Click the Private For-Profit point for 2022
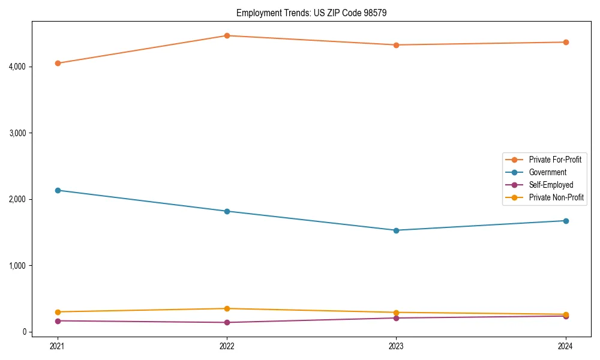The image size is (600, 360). [227, 35]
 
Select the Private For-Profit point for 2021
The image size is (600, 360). [58, 63]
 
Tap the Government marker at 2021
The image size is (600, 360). [58, 190]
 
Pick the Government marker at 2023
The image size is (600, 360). [396, 230]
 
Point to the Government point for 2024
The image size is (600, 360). [566, 221]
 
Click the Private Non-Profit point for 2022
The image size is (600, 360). [227, 308]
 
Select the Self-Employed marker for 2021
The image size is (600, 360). [58, 321]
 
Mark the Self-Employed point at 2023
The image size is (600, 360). [396, 318]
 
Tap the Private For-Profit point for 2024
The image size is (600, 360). [566, 42]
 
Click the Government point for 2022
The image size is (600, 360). [227, 211]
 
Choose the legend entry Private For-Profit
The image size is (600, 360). [554, 160]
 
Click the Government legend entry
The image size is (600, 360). [547, 172]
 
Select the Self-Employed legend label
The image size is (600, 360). [551, 185]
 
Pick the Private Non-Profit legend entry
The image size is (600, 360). [556, 197]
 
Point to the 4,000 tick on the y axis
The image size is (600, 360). [17, 67]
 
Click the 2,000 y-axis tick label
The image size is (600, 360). [17, 199]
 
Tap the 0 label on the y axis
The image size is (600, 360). [24, 332]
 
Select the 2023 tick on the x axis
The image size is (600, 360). [396, 346]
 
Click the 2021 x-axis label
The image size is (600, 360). [58, 346]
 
